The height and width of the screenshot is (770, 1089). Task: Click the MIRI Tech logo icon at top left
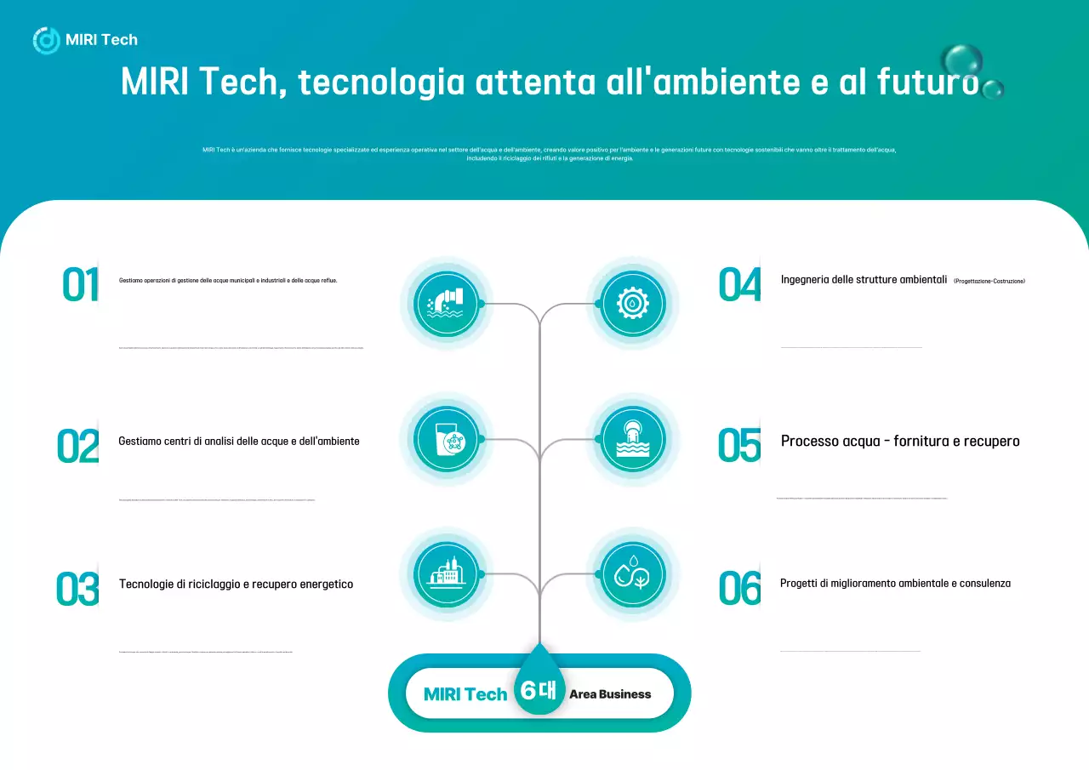coord(46,40)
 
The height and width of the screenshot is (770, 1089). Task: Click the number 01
coord(80,284)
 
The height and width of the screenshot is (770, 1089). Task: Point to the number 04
coord(738,284)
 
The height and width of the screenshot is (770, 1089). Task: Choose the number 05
coord(738,445)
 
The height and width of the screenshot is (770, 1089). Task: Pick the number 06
coord(738,588)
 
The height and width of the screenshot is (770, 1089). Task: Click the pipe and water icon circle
coord(447,304)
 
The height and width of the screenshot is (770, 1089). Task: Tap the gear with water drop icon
coord(632,304)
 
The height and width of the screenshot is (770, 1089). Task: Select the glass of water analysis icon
coord(447,440)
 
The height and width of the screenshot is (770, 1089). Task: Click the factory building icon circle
coord(447,574)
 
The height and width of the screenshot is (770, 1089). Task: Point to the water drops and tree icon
coord(632,574)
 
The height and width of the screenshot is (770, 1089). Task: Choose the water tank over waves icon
coord(632,440)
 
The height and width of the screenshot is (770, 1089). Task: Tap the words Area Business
coord(610,694)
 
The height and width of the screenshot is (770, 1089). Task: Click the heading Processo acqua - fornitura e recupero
coord(900,441)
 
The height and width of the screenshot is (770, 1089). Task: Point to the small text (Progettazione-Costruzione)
coord(989,281)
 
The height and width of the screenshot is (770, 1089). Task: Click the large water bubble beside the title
coord(962,61)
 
